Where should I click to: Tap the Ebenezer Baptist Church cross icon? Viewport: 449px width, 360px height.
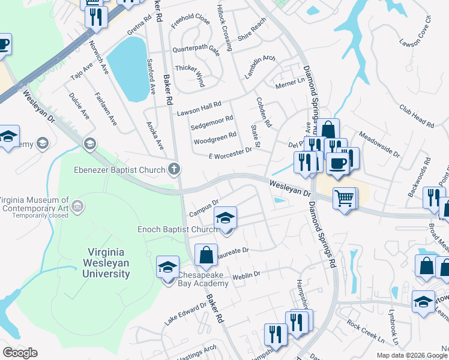click(x=174, y=169)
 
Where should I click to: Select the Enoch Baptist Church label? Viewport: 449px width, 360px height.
click(x=177, y=229)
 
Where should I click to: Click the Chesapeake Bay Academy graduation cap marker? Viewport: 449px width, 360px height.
click(x=167, y=267)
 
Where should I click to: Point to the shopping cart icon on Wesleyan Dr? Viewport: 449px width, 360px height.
click(x=345, y=197)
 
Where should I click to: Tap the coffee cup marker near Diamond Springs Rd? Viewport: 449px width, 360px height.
click(x=337, y=164)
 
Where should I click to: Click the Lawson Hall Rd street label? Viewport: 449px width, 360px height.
click(x=199, y=109)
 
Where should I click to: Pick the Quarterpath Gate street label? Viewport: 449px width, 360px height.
click(x=196, y=50)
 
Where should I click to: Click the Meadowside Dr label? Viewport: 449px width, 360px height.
click(x=379, y=145)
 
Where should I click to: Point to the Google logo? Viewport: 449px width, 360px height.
click(x=20, y=352)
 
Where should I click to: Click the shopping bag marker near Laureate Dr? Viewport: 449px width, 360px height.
click(x=206, y=254)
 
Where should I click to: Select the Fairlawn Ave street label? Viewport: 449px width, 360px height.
click(x=106, y=108)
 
